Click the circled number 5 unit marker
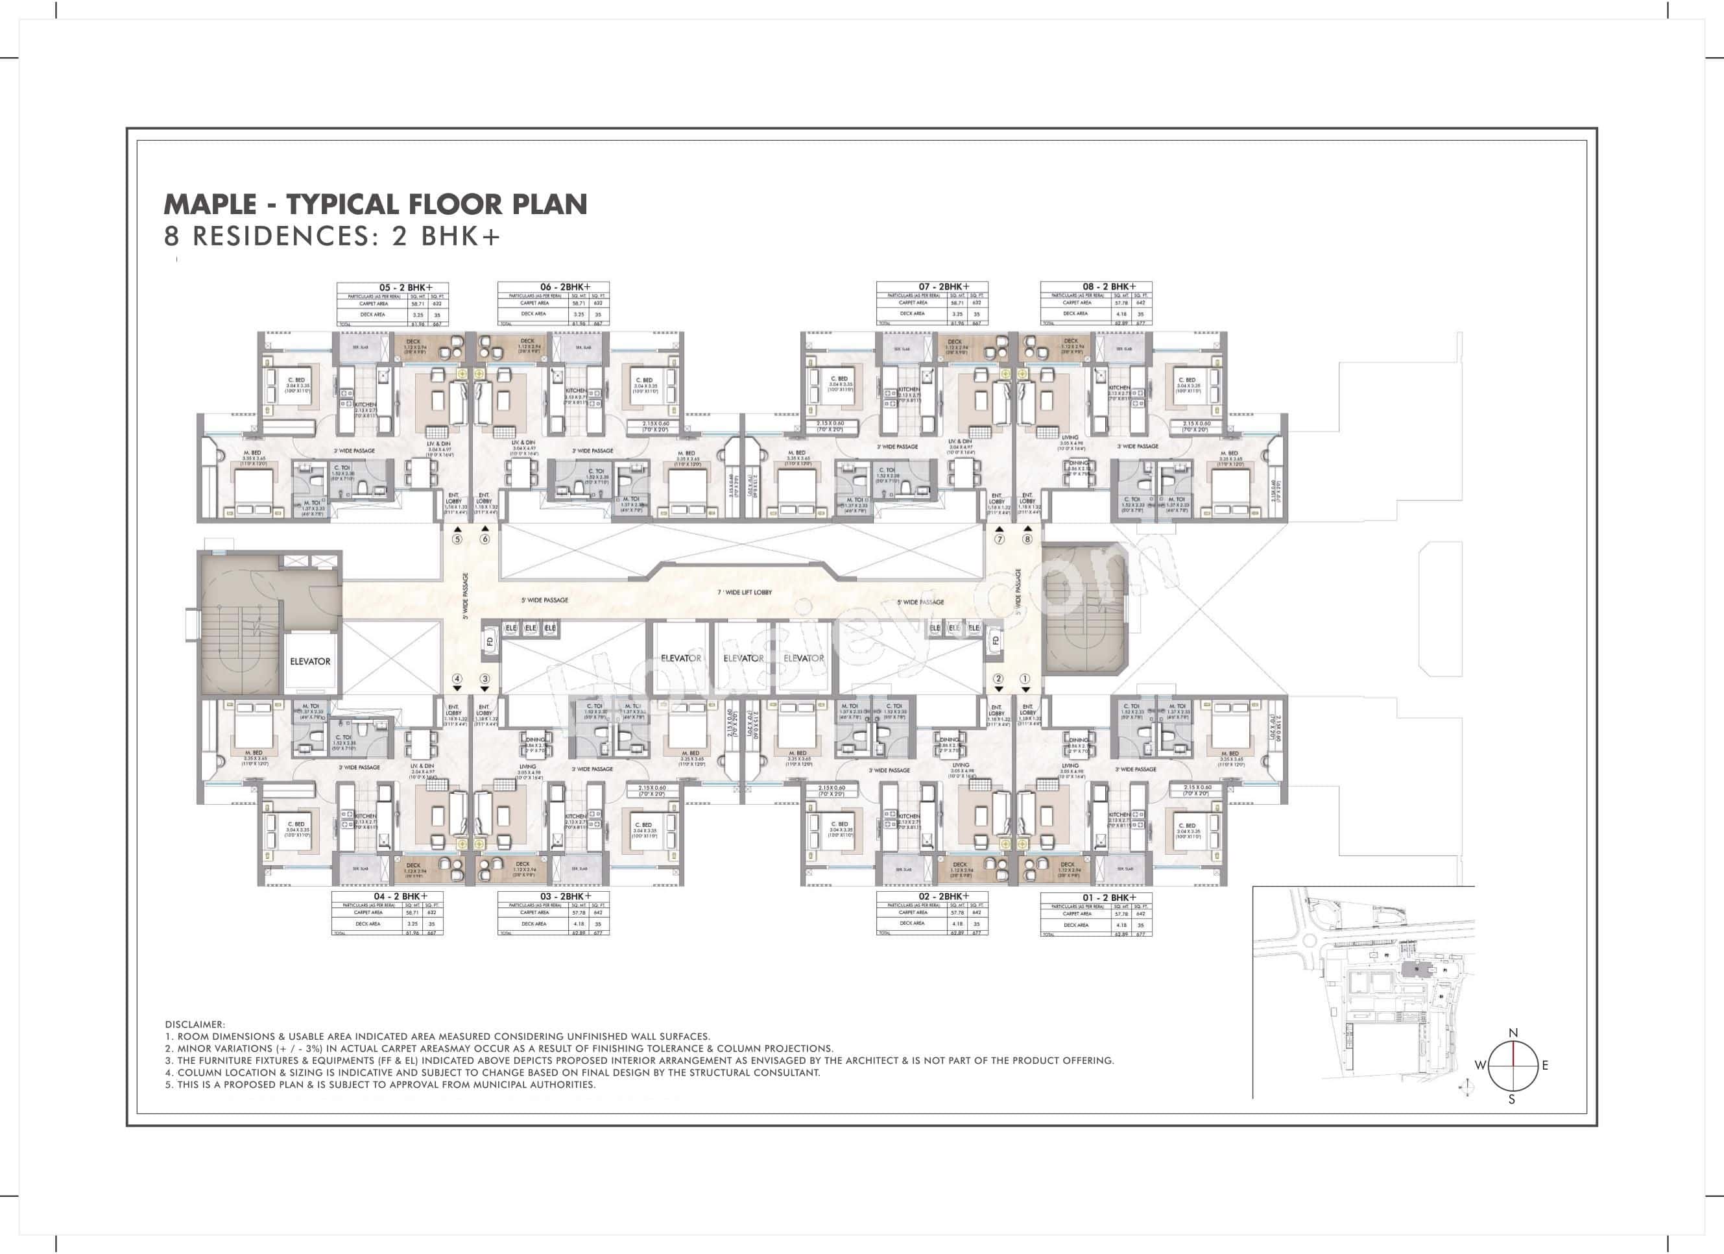pyautogui.click(x=457, y=539)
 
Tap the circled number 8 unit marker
pyautogui.click(x=1027, y=539)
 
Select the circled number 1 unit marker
pyautogui.click(x=1025, y=678)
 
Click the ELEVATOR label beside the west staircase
pyautogui.click(x=310, y=661)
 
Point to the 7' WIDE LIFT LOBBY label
pyautogui.click(x=744, y=593)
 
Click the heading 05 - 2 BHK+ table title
pyautogui.click(x=405, y=288)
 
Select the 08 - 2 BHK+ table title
pyautogui.click(x=1109, y=287)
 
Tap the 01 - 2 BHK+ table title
pyautogui.click(x=1109, y=898)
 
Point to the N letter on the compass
pyautogui.click(x=1513, y=1033)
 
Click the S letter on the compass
pyautogui.click(x=1512, y=1100)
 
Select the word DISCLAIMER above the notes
pyautogui.click(x=195, y=1024)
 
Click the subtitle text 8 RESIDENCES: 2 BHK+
pyautogui.click(x=333, y=236)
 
